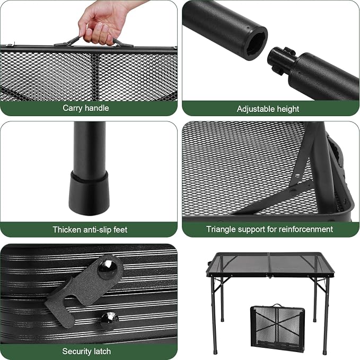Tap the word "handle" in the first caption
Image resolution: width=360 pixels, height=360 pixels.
click(96, 108)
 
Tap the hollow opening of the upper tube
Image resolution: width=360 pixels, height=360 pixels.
click(257, 44)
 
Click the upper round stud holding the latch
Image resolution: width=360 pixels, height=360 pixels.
click(108, 269)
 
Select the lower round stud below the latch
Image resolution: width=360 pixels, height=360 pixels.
click(110, 319)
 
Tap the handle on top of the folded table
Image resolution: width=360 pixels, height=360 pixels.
click(277, 305)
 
